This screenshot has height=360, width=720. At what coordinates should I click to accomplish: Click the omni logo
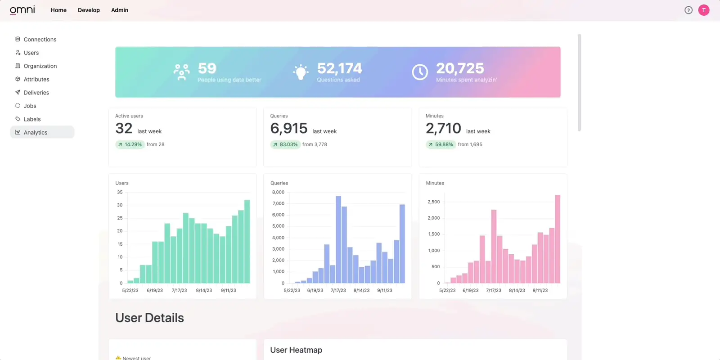point(22,10)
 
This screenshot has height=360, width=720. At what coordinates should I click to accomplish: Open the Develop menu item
point(89,10)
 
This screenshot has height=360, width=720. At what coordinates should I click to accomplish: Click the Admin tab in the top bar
point(120,10)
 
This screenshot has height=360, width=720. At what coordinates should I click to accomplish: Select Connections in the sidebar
point(40,40)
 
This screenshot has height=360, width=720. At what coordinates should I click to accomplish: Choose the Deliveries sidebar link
point(36,93)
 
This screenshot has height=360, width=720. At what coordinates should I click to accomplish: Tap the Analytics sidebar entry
point(36,132)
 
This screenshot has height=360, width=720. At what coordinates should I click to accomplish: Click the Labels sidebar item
point(32,119)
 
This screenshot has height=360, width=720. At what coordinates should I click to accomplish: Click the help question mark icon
point(688,10)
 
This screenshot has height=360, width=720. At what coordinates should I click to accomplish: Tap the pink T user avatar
point(704,10)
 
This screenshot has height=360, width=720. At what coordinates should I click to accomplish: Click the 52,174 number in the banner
point(339,68)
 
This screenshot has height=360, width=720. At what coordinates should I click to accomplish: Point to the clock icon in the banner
point(420,72)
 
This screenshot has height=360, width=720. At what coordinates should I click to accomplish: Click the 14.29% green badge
point(130,144)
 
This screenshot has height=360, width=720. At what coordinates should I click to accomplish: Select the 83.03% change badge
point(285,144)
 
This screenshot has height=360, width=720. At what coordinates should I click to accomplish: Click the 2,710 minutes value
point(443,129)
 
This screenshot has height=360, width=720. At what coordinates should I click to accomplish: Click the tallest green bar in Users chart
point(247,241)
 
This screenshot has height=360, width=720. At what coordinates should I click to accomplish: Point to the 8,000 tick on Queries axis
point(278,192)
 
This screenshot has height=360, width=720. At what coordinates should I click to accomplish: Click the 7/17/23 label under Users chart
point(179,290)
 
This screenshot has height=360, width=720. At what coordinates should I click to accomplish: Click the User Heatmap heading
point(296,350)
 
